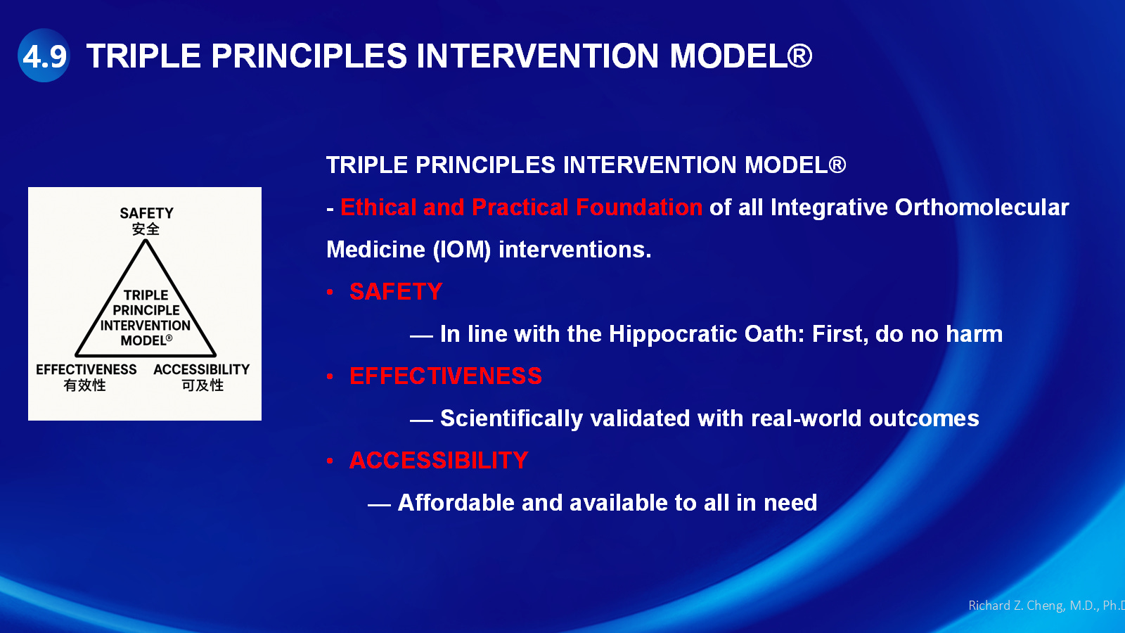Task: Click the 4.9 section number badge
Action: pyautogui.click(x=44, y=56)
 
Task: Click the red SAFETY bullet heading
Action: pyautogui.click(x=396, y=292)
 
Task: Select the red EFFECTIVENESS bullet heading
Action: pyautogui.click(x=446, y=376)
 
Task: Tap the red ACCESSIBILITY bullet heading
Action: pyautogui.click(x=439, y=461)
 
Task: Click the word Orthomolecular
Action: pyautogui.click(x=982, y=207)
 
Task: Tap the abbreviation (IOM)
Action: pyautogui.click(x=462, y=250)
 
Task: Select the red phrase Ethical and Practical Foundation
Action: pyautogui.click(x=521, y=207)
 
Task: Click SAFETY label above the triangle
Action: pyautogui.click(x=146, y=214)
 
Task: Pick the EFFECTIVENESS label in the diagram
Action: pyautogui.click(x=86, y=370)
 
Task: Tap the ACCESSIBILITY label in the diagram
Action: pyautogui.click(x=201, y=370)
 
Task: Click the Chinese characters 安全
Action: pyautogui.click(x=146, y=229)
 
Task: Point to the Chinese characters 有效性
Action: pyautogui.click(x=85, y=385)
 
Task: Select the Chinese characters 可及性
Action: pyautogui.click(x=202, y=385)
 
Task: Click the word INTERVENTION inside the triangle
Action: pyautogui.click(x=145, y=326)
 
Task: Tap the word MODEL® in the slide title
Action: pyautogui.click(x=741, y=56)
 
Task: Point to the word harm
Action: pyautogui.click(x=975, y=334)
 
